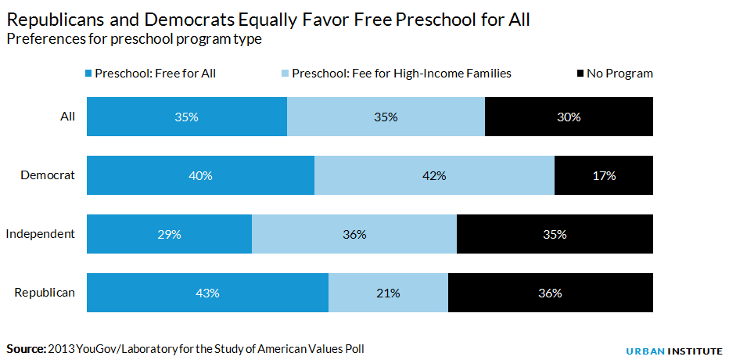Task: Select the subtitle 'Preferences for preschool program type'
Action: [x=134, y=39]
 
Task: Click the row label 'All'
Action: [x=68, y=117]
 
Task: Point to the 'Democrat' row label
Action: [x=48, y=175]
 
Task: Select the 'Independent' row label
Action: [x=41, y=234]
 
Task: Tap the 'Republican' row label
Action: [x=45, y=293]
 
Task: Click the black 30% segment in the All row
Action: [x=569, y=117]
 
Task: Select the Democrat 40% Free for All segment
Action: [x=200, y=176]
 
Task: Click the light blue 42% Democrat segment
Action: [x=434, y=176]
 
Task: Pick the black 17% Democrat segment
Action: [x=604, y=176]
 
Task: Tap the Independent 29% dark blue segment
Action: [x=169, y=235]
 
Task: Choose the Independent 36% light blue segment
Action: [x=354, y=235]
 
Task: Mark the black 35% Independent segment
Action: [x=555, y=235]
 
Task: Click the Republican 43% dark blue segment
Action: [x=207, y=293]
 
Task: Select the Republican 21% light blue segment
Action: [x=388, y=293]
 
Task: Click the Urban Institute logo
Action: [x=673, y=351]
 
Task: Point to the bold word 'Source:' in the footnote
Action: [x=26, y=348]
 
